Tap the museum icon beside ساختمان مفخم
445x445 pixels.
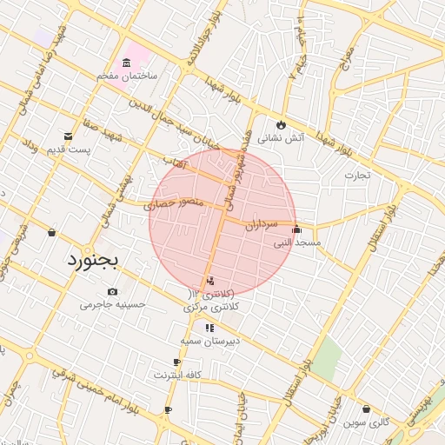128,63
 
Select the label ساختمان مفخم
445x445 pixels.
127,77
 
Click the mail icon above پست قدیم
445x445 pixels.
69,136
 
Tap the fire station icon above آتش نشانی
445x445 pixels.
280,124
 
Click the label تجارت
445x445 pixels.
356,176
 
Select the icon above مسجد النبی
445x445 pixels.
297,229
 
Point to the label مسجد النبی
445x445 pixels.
298,243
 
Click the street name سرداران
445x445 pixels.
260,223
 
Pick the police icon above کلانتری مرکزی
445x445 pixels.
210,281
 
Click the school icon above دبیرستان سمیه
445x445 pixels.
209,328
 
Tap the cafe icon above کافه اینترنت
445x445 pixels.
177,362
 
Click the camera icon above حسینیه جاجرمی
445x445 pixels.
112,291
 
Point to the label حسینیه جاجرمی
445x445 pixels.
112,305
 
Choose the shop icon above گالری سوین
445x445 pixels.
366,408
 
